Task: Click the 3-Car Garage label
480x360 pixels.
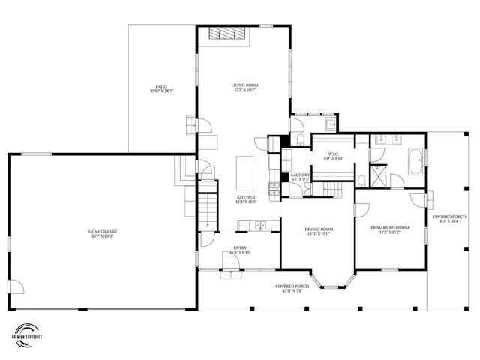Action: pyautogui.click(x=102, y=234)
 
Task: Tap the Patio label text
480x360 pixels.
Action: pyautogui.click(x=161, y=88)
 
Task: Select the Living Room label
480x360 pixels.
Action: pyautogui.click(x=244, y=88)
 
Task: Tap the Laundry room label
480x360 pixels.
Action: pyautogui.click(x=300, y=177)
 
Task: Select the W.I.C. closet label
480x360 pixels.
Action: pyautogui.click(x=332, y=157)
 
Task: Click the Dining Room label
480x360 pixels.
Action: pyautogui.click(x=319, y=232)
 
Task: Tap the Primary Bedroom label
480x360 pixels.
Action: pyautogui.click(x=390, y=229)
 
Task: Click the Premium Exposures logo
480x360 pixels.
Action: pyautogui.click(x=28, y=333)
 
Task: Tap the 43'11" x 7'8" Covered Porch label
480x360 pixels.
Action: pyautogui.click(x=292, y=289)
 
